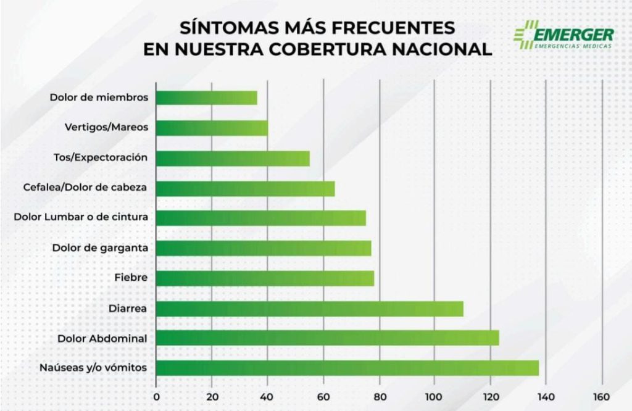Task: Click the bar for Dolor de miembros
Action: coord(206,98)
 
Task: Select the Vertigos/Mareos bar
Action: coord(212,128)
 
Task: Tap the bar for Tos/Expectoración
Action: coord(233,158)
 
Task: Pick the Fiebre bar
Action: coord(265,278)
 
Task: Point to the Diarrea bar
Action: coord(309,309)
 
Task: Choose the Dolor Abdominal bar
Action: coord(327,338)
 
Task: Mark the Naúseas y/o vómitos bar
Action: coord(347,368)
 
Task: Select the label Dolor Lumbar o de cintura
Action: coord(80,217)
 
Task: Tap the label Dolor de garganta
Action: coord(99,247)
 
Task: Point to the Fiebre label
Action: coord(131,278)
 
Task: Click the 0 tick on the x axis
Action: coord(156,396)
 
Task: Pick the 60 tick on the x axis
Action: coord(323,396)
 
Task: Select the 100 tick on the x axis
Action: coord(434,396)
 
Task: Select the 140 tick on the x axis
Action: coord(546,396)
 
